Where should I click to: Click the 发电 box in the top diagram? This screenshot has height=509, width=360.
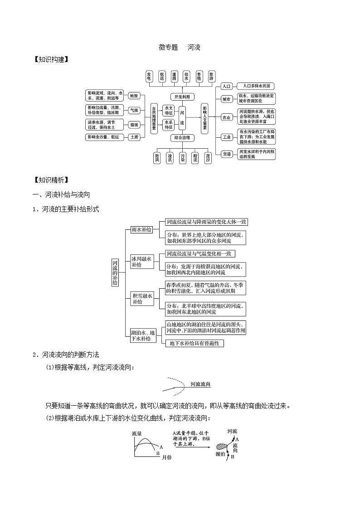point(149,77)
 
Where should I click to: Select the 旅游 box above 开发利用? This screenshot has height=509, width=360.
point(211,77)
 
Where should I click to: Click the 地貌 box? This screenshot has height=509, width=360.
point(134,96)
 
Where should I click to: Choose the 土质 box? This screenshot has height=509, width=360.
point(134,137)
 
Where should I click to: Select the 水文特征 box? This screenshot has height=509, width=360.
point(168,110)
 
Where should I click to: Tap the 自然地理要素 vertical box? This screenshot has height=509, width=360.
point(154,118)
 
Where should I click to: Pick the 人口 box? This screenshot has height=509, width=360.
point(226,86)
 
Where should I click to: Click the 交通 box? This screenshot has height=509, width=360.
point(226,154)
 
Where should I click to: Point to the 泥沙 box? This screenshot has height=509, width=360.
point(208,157)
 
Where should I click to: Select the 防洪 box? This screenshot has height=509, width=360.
point(157,157)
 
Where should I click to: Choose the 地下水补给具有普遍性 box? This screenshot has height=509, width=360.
point(194,344)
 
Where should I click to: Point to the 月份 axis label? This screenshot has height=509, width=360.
point(166,457)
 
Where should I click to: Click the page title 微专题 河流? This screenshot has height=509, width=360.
point(180,47)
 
